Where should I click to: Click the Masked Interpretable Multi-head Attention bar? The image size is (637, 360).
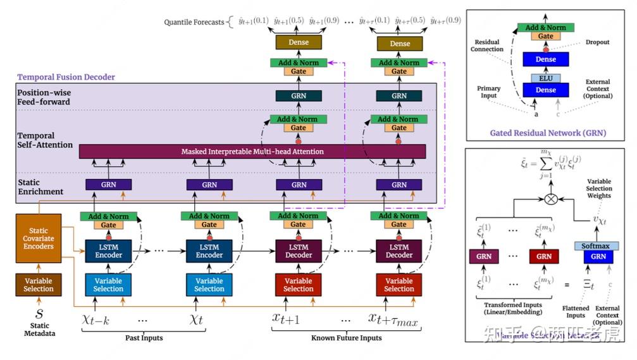(x=252, y=152)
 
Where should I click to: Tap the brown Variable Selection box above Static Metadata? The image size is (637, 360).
(x=39, y=284)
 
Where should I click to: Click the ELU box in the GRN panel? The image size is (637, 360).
(x=545, y=78)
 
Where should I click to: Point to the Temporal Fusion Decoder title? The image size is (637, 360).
(x=66, y=77)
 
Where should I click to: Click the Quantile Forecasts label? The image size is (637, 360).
(x=194, y=22)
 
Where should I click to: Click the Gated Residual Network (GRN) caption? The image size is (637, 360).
(x=548, y=133)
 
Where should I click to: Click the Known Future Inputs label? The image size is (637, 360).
(x=346, y=338)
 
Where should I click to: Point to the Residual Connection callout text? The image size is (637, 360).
(x=487, y=46)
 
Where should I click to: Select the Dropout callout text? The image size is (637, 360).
(x=597, y=42)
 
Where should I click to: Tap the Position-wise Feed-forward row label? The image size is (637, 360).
(x=44, y=97)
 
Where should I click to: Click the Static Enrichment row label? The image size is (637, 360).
(x=40, y=187)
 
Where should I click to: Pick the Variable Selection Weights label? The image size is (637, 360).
(x=598, y=189)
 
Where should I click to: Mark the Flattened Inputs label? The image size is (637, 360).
(x=576, y=312)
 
